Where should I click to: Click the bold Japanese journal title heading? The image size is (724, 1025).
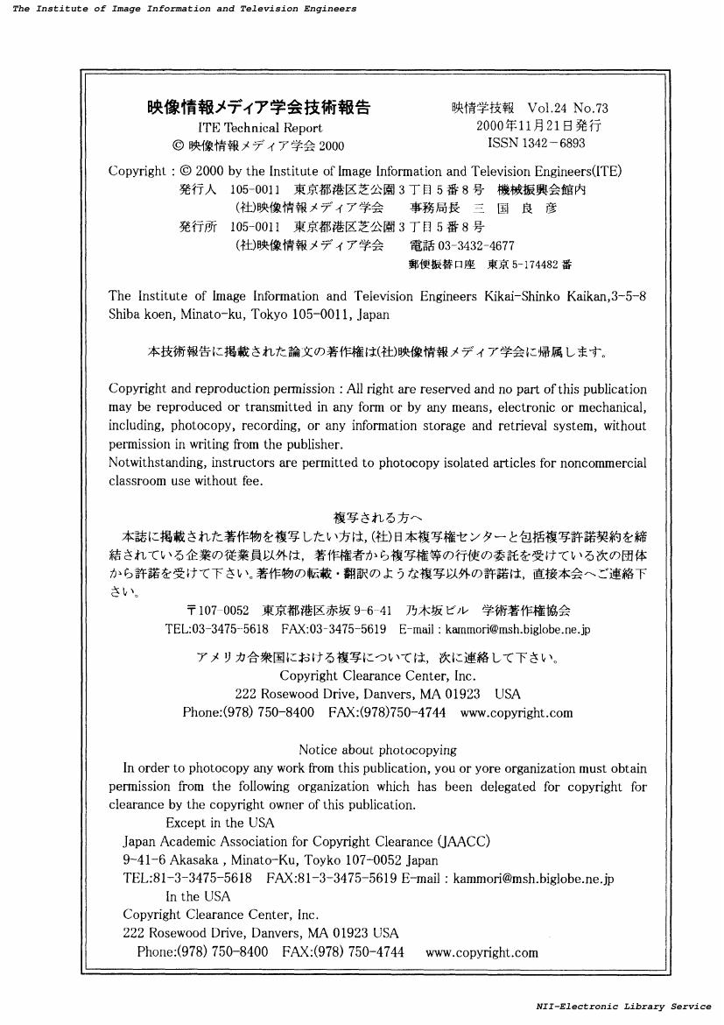pos(258,108)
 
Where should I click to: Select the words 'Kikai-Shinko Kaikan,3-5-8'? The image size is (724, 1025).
pos(566,296)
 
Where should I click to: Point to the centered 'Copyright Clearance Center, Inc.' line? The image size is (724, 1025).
pos(377,675)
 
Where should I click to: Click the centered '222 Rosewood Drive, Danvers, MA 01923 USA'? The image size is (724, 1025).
pos(377,694)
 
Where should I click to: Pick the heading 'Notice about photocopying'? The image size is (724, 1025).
pos(377,750)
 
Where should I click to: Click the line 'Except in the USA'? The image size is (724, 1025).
pos(220,823)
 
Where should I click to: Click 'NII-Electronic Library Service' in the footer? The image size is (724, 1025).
pos(623,1007)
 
